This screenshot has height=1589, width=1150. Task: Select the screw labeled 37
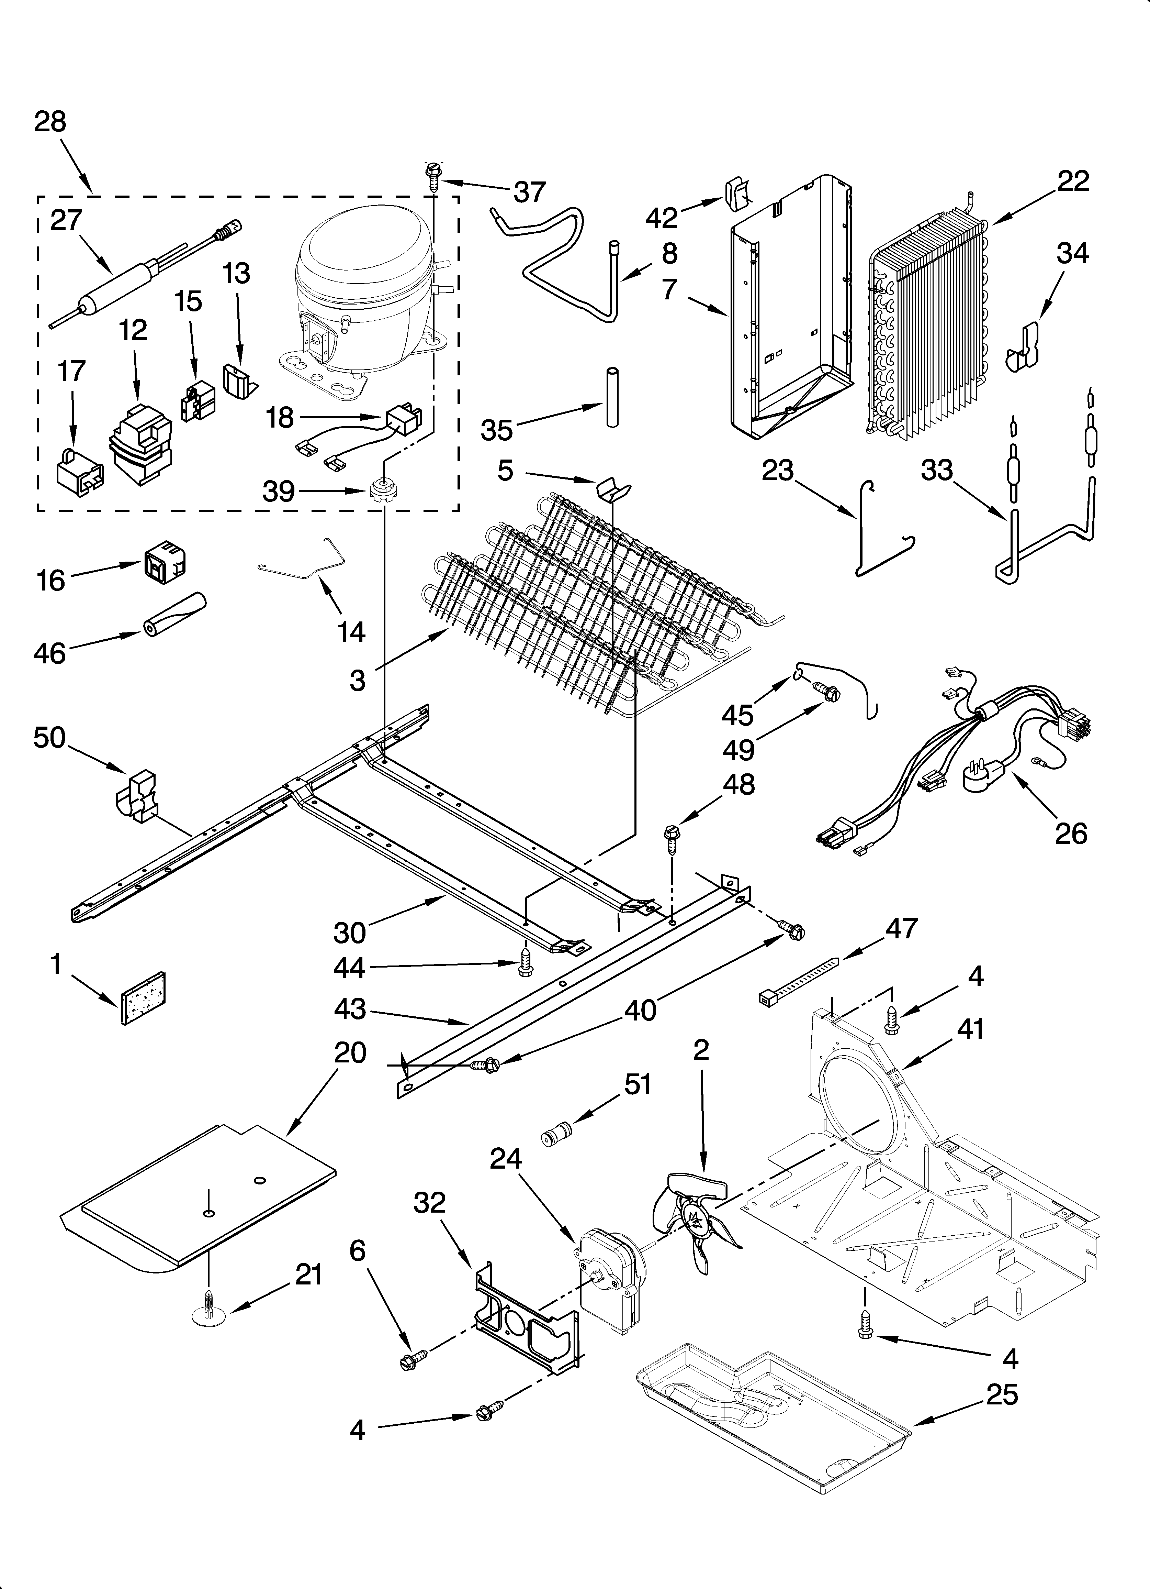pos(432,179)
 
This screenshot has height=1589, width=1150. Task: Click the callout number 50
pos(49,738)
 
